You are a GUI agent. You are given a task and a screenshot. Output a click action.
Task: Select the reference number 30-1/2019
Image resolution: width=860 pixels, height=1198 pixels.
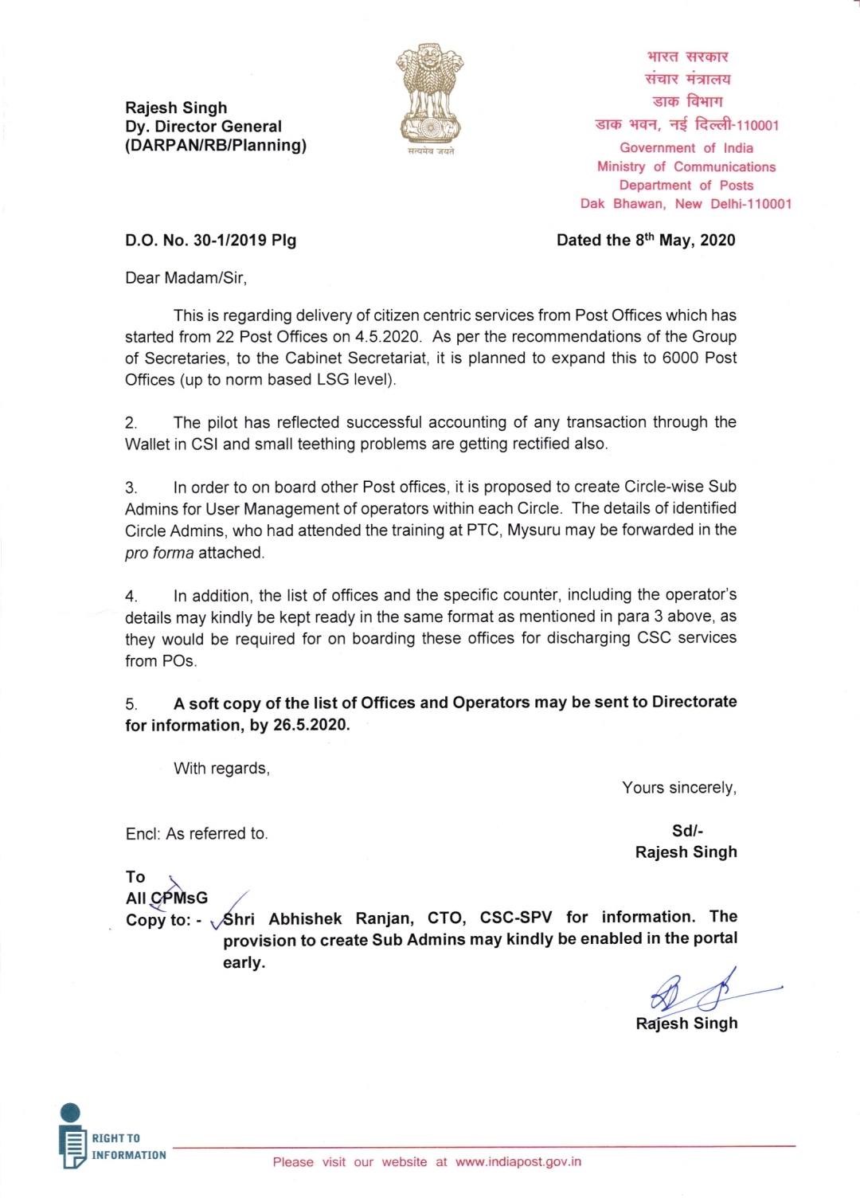point(229,241)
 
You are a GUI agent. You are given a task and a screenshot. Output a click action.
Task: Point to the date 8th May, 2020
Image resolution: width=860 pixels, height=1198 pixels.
point(685,240)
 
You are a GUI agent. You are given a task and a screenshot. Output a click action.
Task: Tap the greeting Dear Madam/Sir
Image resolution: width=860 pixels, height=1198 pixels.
point(186,278)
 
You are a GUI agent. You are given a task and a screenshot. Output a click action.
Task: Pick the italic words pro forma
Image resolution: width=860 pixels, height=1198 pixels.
point(159,553)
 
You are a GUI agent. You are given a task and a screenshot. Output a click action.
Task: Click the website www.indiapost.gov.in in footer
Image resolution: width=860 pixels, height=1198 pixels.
point(518,1162)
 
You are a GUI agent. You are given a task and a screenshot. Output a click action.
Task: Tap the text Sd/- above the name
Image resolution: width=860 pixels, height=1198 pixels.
point(687,831)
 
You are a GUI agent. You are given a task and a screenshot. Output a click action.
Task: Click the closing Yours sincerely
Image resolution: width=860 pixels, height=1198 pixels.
point(678,788)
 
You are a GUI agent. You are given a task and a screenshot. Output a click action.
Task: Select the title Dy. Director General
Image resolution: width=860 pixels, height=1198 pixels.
point(203,127)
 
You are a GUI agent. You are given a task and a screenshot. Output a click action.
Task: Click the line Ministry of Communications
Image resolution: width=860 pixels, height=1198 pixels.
point(686,166)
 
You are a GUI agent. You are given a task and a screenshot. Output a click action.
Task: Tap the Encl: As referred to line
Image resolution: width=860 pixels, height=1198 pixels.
point(197,834)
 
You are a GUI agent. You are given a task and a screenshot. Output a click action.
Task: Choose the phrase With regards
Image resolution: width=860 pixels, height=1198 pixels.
point(221,769)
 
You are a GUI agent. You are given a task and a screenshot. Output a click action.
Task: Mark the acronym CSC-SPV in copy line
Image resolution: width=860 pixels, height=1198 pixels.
point(515,918)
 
